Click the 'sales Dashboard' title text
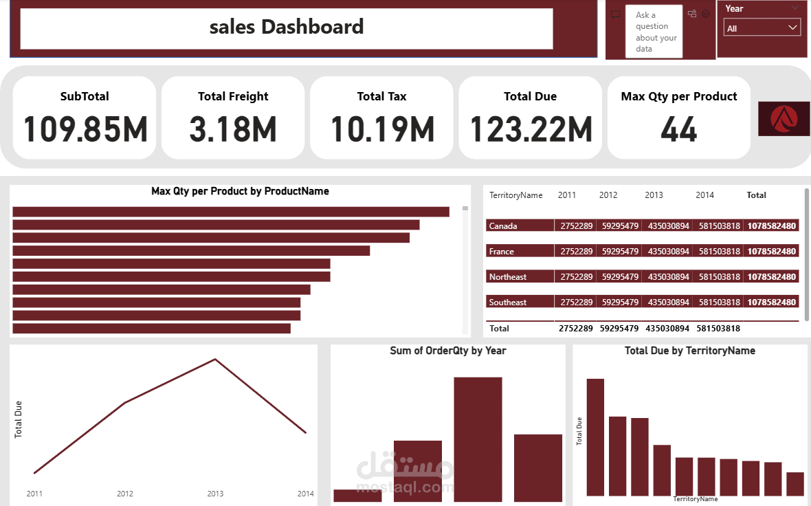point(286,27)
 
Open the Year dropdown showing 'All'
point(762,27)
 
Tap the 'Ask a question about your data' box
point(654,32)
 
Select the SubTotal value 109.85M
point(85,129)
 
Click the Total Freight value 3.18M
point(233,129)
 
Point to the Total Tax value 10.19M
point(382,129)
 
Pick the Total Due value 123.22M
point(531,129)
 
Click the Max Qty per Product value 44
point(678,129)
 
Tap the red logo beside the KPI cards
point(784,118)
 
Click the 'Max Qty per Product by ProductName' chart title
point(240,191)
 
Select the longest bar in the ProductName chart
point(231,212)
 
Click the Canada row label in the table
point(503,225)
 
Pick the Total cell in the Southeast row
point(771,302)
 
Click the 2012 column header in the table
point(608,195)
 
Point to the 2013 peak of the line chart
point(215,359)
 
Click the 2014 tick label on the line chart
point(305,494)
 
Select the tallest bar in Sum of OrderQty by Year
point(478,439)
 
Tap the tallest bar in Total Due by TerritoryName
point(595,437)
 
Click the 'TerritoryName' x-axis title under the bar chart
point(695,498)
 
